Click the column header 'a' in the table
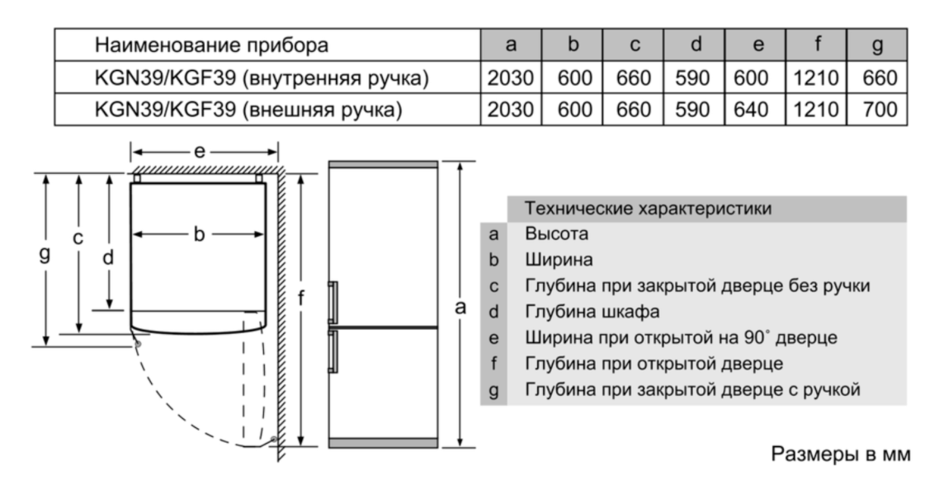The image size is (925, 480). point(511,45)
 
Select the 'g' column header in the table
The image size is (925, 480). point(877,45)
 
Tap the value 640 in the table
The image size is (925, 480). point(750,110)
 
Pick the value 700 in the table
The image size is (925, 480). point(880,110)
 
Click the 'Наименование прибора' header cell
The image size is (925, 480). point(211,45)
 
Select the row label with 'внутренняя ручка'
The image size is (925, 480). point(262,78)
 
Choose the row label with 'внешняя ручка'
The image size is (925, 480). point(248,110)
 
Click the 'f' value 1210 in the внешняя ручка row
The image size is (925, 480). point(815,110)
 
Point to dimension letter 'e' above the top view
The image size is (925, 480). point(200,152)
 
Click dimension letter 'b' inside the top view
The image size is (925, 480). point(200,234)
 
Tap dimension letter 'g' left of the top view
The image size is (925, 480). point(45,254)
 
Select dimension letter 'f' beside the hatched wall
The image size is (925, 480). point(301,299)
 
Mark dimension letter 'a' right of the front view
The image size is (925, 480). point(460,307)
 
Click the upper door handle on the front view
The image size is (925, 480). point(333,302)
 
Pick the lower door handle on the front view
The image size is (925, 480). point(333,351)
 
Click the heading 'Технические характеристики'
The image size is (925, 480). point(648,209)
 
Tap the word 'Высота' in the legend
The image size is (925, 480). point(556,234)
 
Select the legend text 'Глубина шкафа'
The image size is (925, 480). point(592,312)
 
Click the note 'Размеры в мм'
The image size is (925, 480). point(841,454)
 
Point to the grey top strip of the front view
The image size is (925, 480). point(384,164)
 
